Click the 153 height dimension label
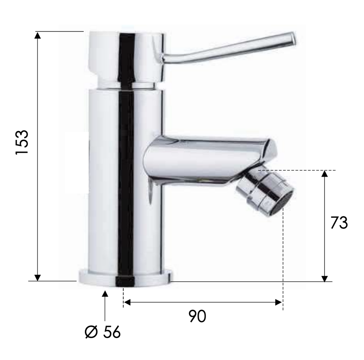tap(22, 142)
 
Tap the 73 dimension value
tap(339, 223)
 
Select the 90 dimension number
tap(197, 316)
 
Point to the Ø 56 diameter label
tap(103, 332)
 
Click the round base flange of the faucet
tap(126, 278)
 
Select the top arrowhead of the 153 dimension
tap(38, 35)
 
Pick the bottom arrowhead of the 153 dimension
tap(38, 278)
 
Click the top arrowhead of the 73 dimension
tap(325, 174)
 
